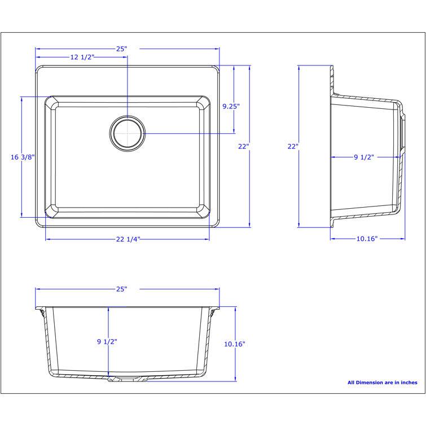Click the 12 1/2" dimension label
click(x=82, y=58)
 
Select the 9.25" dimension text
click(x=231, y=106)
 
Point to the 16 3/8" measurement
click(x=23, y=157)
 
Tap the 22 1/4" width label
click(x=128, y=239)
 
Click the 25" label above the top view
click(x=122, y=49)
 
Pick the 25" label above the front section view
click(x=122, y=289)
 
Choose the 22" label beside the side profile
click(x=292, y=147)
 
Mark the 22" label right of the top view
click(x=243, y=147)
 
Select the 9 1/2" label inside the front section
click(x=107, y=341)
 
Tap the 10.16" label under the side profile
click(x=367, y=239)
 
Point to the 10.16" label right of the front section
click(x=235, y=344)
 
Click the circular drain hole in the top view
click(x=127, y=134)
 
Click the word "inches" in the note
click(x=407, y=383)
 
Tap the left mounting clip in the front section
click(x=40, y=312)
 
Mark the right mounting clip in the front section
click(x=215, y=312)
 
